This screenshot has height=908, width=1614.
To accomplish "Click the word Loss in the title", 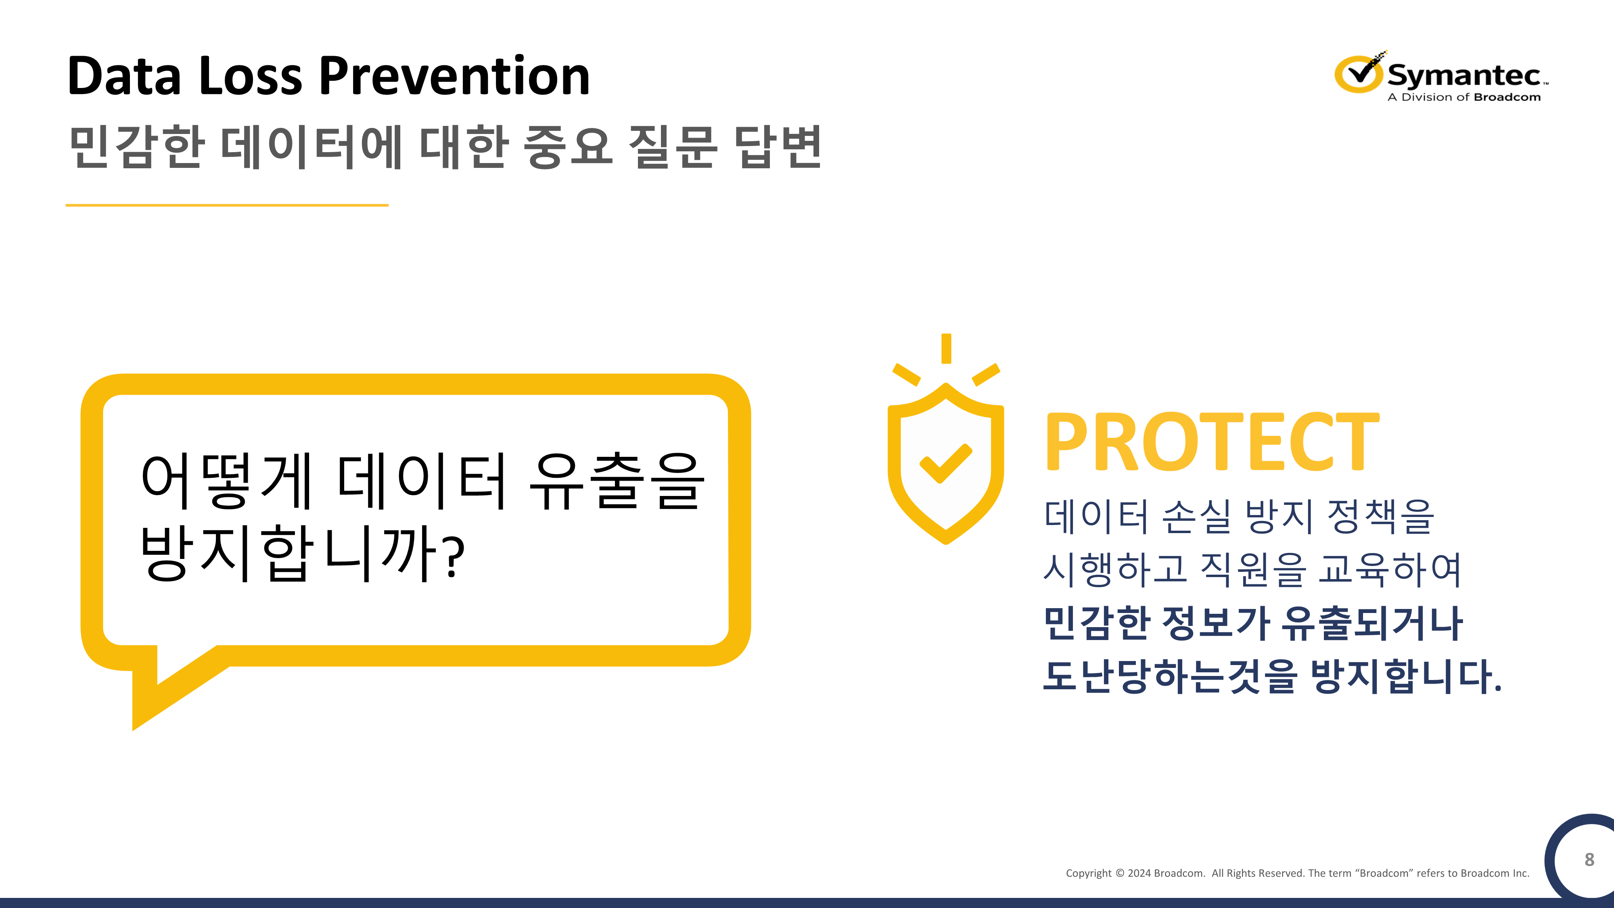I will point(251,76).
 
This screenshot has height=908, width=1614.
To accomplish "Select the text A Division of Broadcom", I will point(1463,97).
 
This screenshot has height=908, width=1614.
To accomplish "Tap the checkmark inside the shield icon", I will point(945,463).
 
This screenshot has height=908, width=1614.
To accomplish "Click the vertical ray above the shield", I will point(946,348).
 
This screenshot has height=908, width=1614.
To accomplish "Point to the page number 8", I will point(1589,859).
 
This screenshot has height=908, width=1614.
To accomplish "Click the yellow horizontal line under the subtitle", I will point(227,205).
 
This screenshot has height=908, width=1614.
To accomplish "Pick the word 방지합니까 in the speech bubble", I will point(288,553).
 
